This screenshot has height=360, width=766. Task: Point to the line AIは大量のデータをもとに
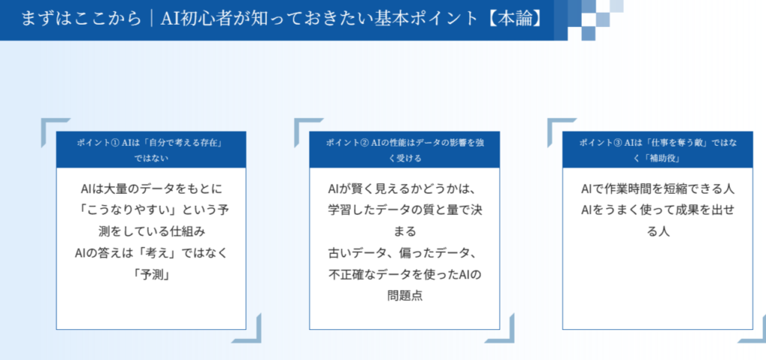coord(151,189)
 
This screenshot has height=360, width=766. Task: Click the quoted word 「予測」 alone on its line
coord(151,274)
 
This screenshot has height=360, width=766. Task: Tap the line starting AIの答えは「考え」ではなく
coord(151,253)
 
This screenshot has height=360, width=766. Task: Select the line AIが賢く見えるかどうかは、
coord(404,189)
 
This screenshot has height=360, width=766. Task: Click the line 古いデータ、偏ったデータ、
coord(404,253)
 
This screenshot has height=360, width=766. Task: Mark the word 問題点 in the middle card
coord(404,295)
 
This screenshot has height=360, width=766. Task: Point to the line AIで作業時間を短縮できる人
coord(658,189)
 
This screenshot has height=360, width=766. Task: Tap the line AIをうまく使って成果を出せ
coord(658,210)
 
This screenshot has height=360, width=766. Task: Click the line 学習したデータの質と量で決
coord(404,210)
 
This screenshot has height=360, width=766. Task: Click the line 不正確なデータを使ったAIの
coord(404,274)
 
